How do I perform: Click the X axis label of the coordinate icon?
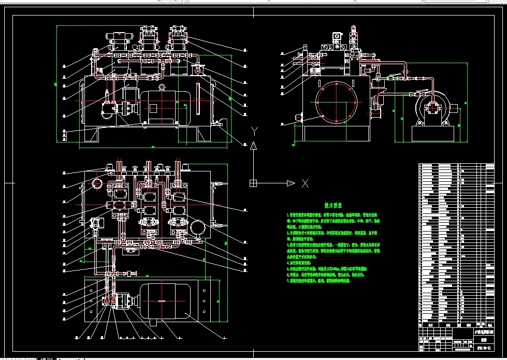click(x=305, y=183)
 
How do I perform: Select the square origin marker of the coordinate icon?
click(x=253, y=183)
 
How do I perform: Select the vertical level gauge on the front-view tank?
click(x=198, y=98)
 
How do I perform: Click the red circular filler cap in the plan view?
click(x=98, y=184)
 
